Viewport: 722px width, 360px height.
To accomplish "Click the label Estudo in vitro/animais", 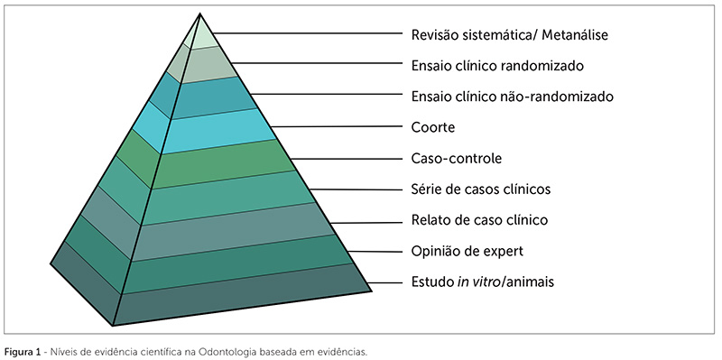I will point(470,282).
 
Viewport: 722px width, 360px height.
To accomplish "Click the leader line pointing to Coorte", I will point(338,126).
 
